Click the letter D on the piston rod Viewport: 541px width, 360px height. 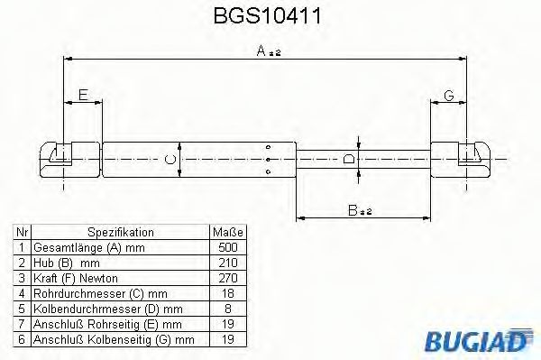(350, 159)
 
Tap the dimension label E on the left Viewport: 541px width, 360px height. (82, 95)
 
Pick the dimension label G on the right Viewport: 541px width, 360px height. (448, 95)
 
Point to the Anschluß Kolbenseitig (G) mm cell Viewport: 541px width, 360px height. (113, 339)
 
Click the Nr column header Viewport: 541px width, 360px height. (20, 232)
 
